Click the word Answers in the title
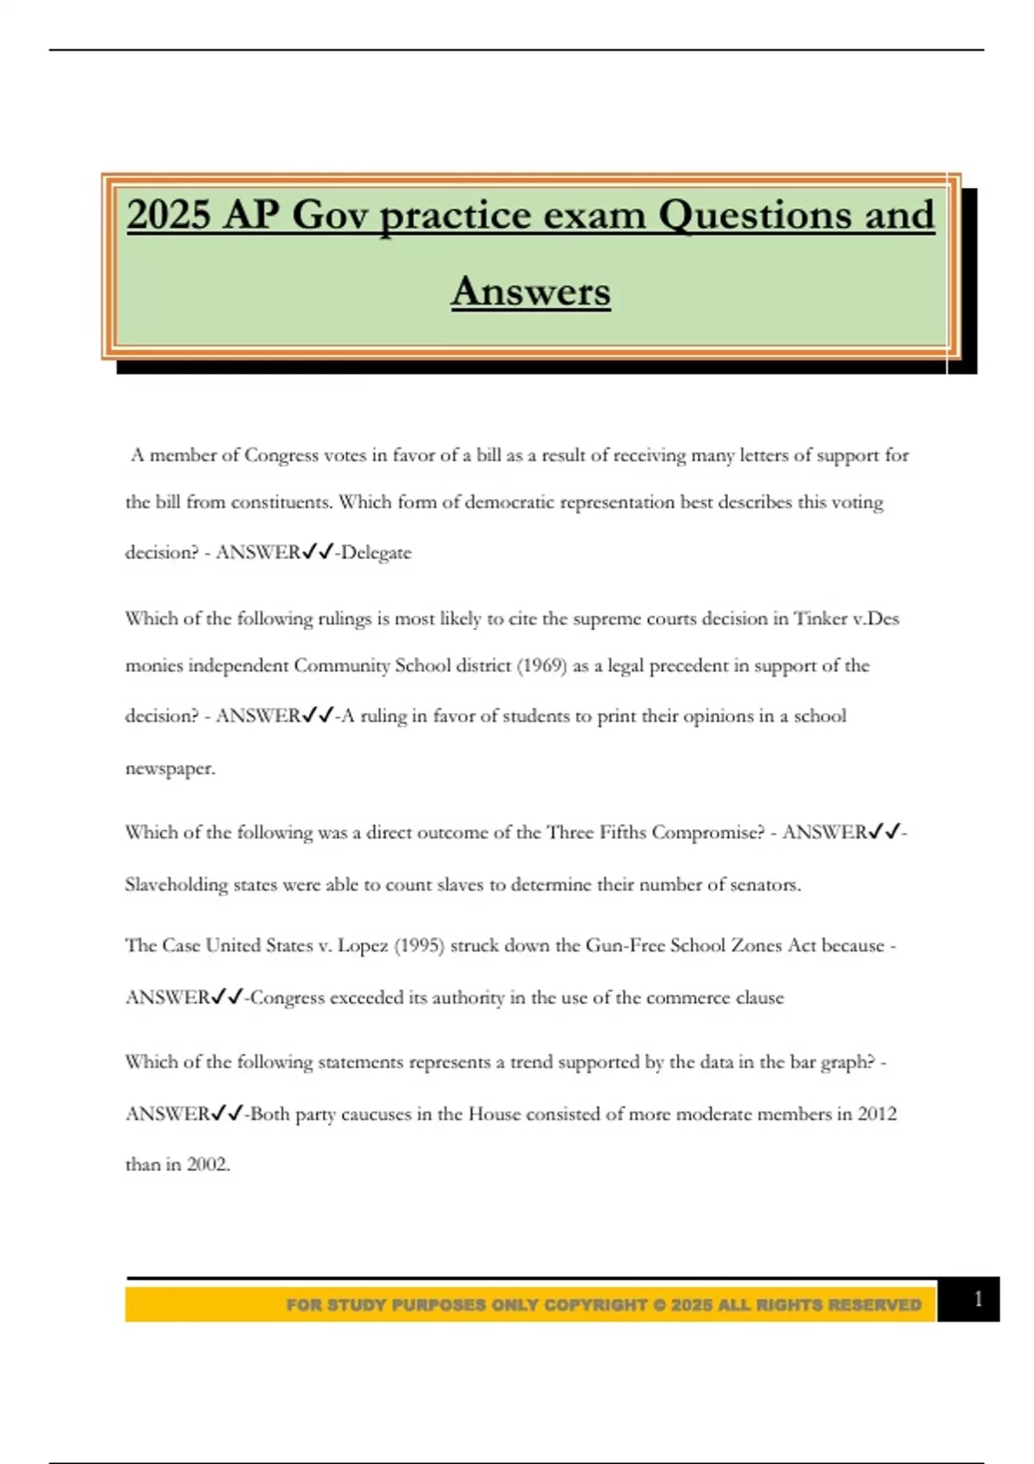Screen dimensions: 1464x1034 click(531, 291)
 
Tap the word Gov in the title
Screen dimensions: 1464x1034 click(330, 214)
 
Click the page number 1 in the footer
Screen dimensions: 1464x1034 click(977, 1299)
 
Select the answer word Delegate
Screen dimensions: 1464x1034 click(376, 553)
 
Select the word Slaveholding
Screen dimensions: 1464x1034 click(176, 884)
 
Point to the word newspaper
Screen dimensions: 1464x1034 click(169, 768)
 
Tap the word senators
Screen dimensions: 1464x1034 click(765, 884)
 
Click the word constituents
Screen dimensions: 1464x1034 click(282, 502)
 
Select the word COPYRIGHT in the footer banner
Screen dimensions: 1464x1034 click(595, 1305)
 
